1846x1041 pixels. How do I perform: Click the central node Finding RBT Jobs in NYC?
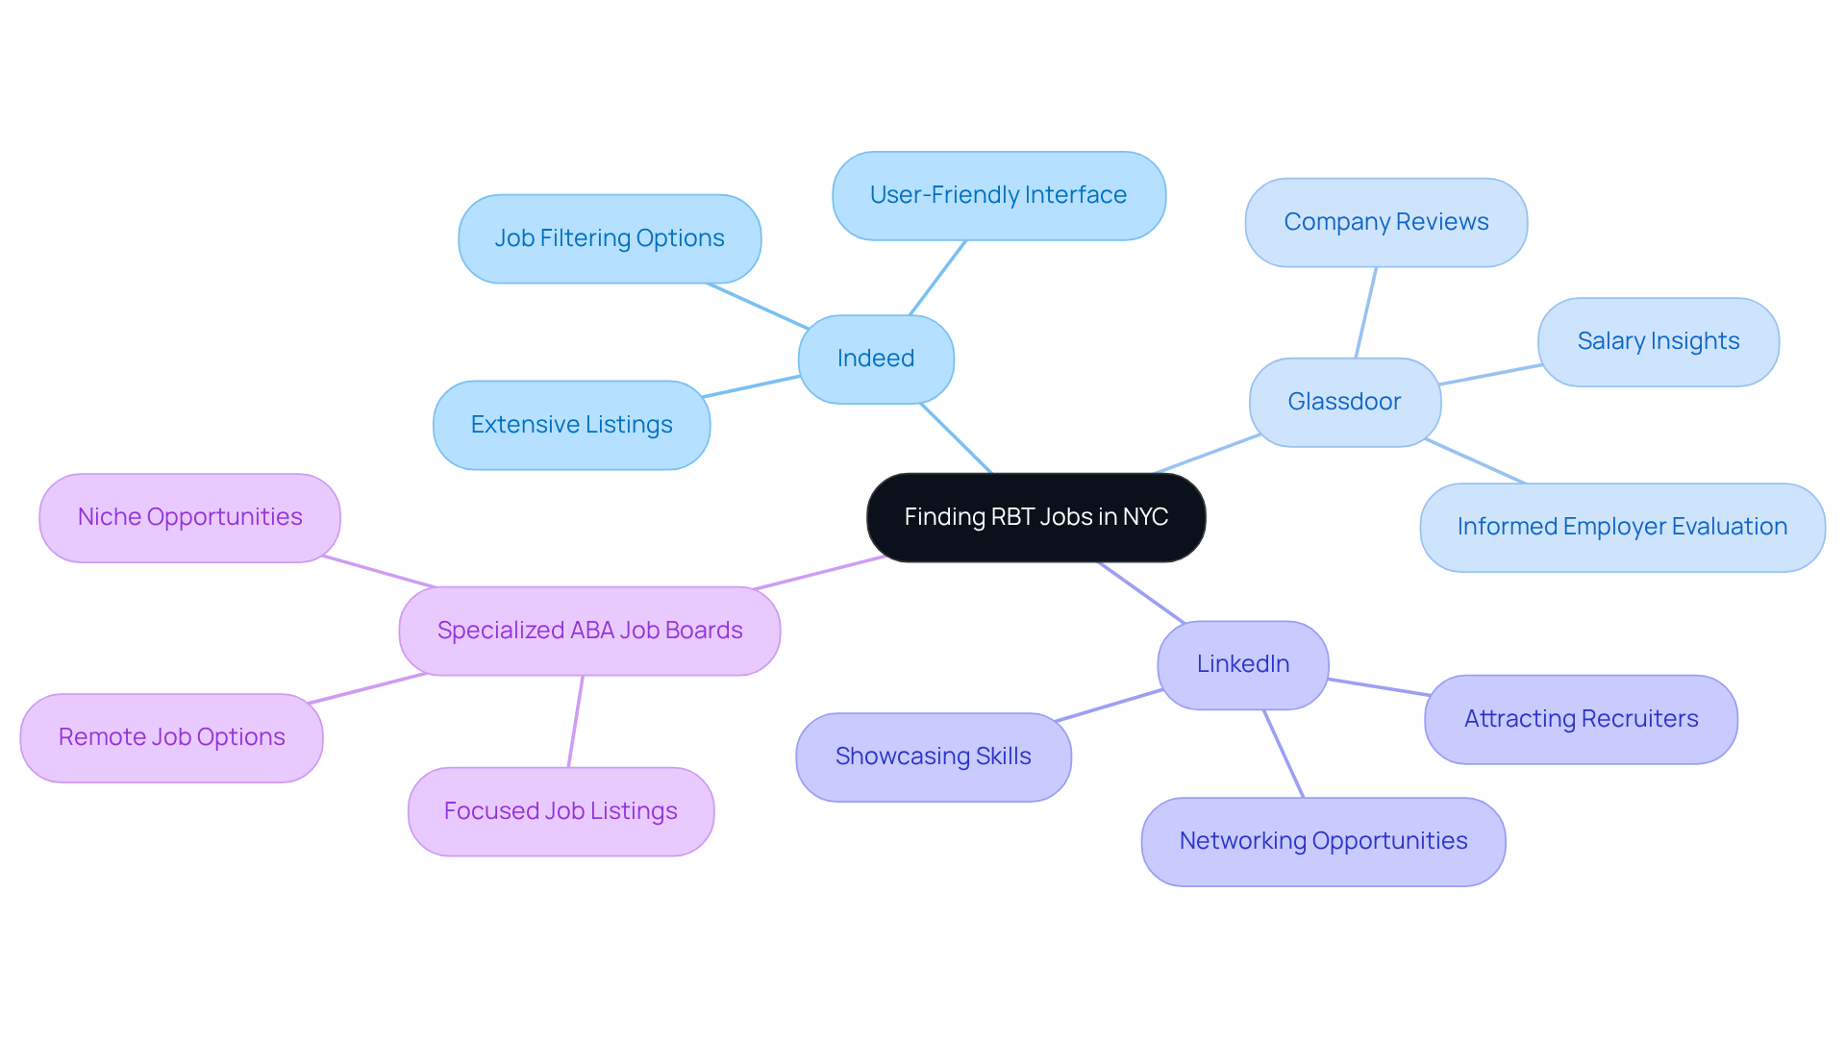pyautogui.click(x=1035, y=517)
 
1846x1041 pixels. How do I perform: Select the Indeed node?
pyautogui.click(x=875, y=359)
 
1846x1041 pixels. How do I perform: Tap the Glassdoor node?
pyautogui.click(x=1344, y=402)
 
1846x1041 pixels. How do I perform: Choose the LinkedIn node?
pyautogui.click(x=1242, y=664)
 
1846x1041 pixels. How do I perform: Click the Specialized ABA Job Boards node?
pyautogui.click(x=589, y=631)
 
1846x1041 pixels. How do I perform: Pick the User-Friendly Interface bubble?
pyautogui.click(x=998, y=195)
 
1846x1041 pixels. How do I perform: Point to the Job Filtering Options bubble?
pyautogui.click(x=610, y=238)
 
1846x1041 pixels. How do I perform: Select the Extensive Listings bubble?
pyautogui.click(x=571, y=425)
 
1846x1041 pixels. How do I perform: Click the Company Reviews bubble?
pyautogui.click(x=1385, y=222)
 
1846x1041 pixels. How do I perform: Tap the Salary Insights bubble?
pyautogui.click(x=1658, y=341)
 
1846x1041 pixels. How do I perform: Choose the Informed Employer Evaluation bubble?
pyautogui.click(x=1622, y=527)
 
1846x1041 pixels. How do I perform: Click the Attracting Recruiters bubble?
pyautogui.click(x=1581, y=719)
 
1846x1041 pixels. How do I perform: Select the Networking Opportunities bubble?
pyautogui.click(x=1323, y=841)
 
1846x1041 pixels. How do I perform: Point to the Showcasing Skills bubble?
pyautogui.click(x=933, y=756)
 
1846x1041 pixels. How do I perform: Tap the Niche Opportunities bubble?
pyautogui.click(x=189, y=517)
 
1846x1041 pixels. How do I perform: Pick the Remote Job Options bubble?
pyautogui.click(x=171, y=737)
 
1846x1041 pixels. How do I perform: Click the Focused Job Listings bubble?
pyautogui.click(x=561, y=811)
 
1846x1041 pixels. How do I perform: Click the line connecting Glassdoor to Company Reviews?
pyautogui.click(x=1366, y=312)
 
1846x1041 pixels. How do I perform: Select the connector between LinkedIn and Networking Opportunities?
pyautogui.click(x=1284, y=754)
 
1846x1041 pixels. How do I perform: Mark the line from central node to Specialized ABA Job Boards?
pyautogui.click(x=819, y=572)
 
